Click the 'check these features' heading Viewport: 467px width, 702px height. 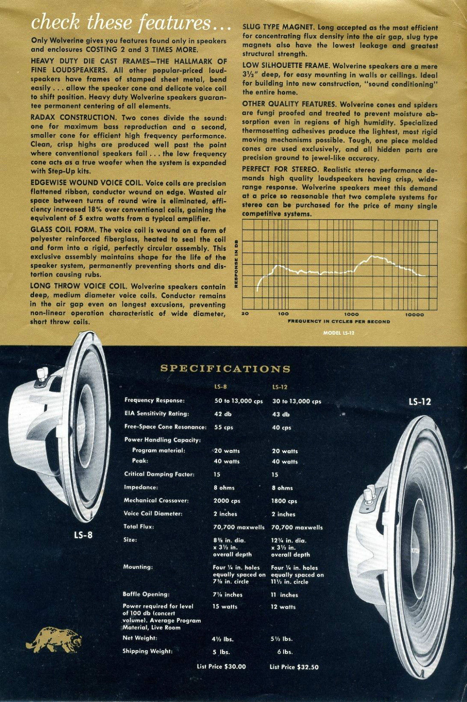(131, 22)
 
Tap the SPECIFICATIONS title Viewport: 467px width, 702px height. (225, 369)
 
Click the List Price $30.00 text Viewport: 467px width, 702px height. (222, 667)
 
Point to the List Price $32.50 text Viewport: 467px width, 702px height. (294, 667)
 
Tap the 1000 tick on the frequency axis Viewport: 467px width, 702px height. (351, 314)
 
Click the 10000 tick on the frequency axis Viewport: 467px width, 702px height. (414, 314)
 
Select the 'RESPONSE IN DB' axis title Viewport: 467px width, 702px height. (237, 263)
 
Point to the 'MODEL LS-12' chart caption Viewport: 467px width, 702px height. (338, 333)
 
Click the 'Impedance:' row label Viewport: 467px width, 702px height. (141, 487)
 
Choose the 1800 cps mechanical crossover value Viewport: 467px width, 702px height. (284, 501)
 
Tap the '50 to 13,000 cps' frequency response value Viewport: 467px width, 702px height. (237, 401)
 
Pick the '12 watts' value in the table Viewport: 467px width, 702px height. (284, 607)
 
